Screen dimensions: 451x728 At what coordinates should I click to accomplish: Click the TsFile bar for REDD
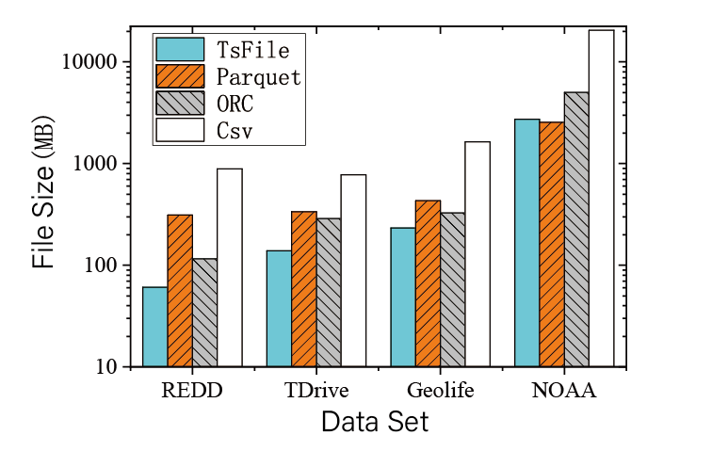point(155,327)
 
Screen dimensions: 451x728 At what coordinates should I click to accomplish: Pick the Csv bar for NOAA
point(601,198)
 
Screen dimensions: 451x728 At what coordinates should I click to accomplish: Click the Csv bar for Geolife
point(477,254)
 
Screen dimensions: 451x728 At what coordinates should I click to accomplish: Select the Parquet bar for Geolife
point(428,282)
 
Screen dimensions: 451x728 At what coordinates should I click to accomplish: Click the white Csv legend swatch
point(180,130)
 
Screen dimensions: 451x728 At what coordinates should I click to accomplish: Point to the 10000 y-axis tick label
point(91,62)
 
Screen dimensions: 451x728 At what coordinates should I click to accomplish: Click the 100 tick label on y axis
point(100,266)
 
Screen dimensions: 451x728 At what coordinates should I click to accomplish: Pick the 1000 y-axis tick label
point(96,164)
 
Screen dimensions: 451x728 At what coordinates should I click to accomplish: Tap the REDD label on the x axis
point(192,391)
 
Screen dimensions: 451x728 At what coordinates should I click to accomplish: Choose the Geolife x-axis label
point(440,391)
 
